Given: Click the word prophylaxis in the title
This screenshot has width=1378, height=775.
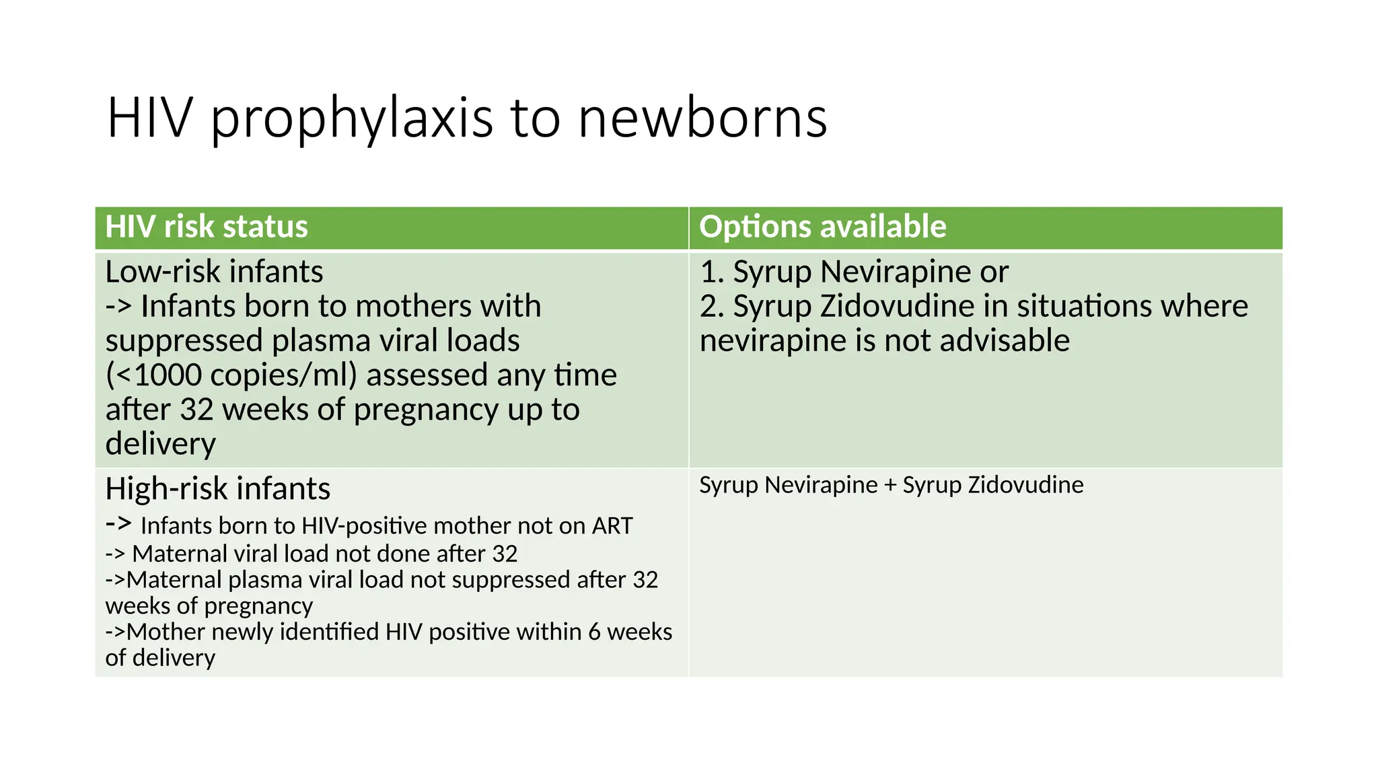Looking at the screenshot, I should click(x=352, y=120).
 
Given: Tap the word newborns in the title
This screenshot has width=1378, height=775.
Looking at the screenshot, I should click(x=702, y=118).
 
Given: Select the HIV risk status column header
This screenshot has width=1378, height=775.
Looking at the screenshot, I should click(x=207, y=227).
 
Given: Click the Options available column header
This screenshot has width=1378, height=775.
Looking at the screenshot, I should click(x=822, y=227).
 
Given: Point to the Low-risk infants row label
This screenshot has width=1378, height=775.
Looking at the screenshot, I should click(x=214, y=272).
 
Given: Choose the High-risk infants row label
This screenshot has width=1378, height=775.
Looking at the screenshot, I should click(x=217, y=489).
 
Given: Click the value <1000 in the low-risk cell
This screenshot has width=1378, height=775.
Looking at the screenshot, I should click(x=161, y=375).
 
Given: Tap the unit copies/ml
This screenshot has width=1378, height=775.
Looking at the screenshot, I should click(x=283, y=375).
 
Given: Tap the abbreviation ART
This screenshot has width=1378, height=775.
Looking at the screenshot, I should click(x=612, y=526).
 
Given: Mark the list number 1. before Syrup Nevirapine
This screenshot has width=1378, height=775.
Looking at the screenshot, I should click(x=712, y=272).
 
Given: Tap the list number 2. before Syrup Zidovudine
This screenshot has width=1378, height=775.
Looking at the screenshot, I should click(x=712, y=306).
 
